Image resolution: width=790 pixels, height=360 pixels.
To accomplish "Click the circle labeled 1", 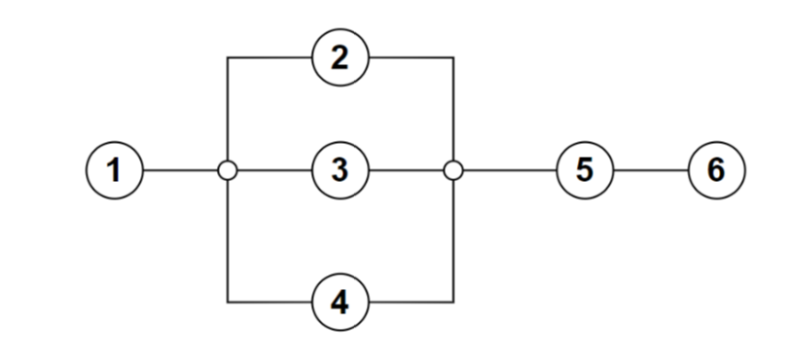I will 115,170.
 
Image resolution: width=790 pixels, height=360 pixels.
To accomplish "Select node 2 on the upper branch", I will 340,57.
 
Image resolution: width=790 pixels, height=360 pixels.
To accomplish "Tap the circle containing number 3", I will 340,170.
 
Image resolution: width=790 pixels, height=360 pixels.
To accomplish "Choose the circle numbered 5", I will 583,170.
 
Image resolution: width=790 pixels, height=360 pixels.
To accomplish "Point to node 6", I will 716,170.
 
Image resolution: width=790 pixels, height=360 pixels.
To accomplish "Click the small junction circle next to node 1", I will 227,170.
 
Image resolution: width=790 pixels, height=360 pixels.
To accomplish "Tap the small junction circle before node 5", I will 452,170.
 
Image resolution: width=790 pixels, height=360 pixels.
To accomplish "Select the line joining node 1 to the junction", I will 179,170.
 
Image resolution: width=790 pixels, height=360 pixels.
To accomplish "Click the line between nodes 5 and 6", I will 649,170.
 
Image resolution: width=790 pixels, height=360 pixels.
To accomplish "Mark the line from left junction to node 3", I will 273,170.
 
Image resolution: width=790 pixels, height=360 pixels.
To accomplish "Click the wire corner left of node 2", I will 227,57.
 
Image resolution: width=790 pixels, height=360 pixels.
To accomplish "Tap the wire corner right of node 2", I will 452,57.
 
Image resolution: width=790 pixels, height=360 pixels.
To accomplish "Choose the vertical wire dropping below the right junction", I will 452,239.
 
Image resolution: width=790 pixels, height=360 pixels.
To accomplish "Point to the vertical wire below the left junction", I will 227,239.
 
